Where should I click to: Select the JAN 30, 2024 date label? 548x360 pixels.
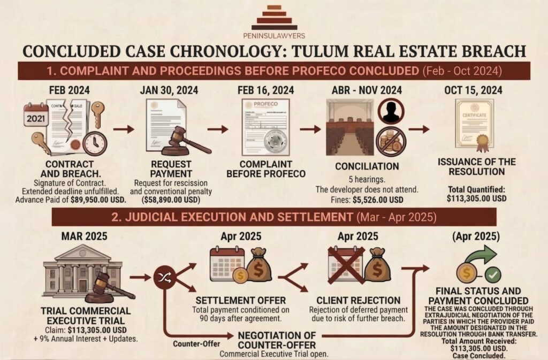[x=171, y=90]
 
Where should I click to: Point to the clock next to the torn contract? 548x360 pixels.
[x=95, y=143]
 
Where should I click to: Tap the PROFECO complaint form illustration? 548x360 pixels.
[x=265, y=127]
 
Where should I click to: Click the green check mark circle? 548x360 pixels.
[x=492, y=275]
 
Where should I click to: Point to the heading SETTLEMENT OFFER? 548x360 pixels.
[x=240, y=300]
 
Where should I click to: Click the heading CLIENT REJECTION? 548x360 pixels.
[x=357, y=300]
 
